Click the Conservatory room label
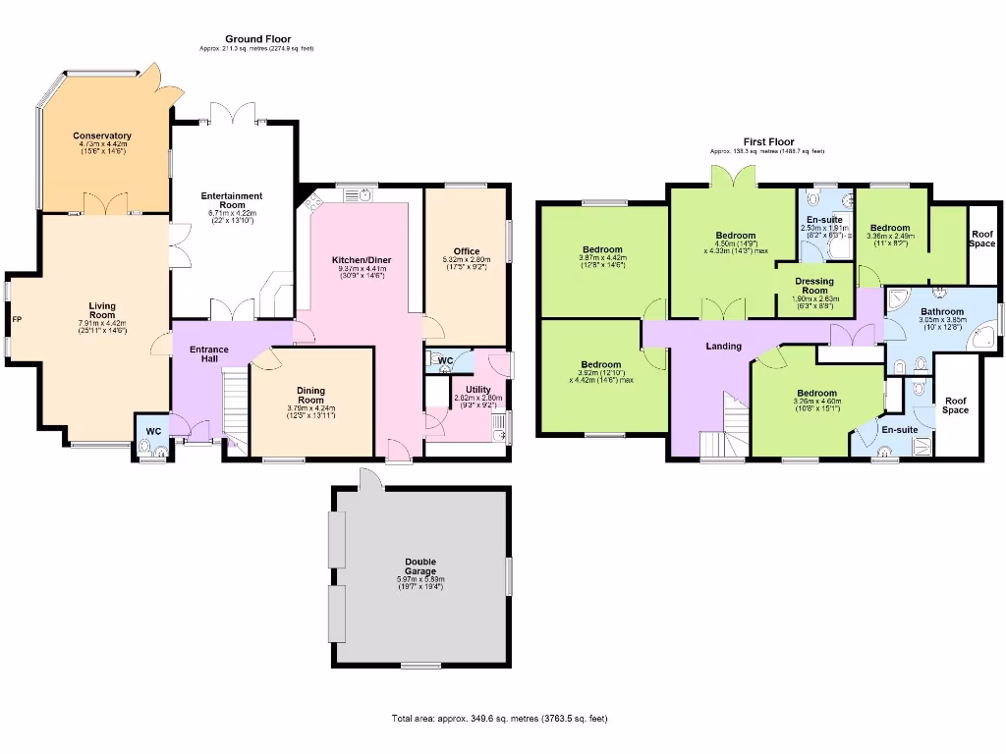point(102,135)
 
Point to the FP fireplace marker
point(16,319)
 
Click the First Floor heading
point(767,142)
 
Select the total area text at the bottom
point(499,719)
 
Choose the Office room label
point(467,251)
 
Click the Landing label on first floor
point(723,347)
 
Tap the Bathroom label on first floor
point(942,311)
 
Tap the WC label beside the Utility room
point(445,361)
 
